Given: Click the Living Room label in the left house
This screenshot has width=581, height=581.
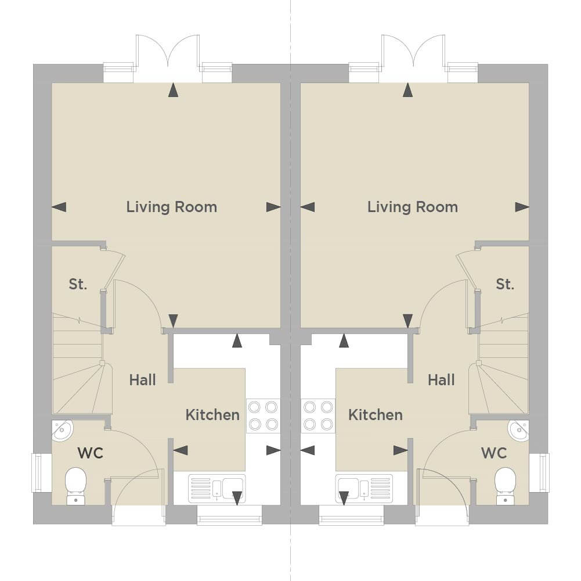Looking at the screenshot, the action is (x=172, y=207).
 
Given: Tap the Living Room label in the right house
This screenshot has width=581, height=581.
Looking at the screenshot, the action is (x=413, y=207).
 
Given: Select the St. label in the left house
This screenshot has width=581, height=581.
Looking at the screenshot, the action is (x=78, y=284).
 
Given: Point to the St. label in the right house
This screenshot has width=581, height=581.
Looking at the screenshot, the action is (x=504, y=284).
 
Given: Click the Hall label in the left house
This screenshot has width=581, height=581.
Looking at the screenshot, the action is (x=142, y=380).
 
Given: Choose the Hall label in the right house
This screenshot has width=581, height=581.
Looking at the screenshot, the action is (x=441, y=380).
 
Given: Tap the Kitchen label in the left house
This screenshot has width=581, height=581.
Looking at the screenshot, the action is (x=212, y=415).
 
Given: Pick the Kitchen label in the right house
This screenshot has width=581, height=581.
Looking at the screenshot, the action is (x=376, y=415).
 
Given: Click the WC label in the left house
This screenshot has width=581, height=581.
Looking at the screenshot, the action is (x=90, y=453).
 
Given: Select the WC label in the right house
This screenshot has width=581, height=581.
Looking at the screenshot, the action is (x=493, y=453).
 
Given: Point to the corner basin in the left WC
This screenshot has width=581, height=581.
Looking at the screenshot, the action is (x=62, y=431).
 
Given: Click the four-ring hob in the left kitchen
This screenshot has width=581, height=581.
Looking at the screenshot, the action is (x=263, y=415).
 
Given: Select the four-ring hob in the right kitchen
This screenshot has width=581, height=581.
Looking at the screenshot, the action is (x=318, y=415).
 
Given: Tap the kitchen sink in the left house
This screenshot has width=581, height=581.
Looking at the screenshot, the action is (x=216, y=488).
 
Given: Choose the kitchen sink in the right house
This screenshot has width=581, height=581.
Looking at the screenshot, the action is (x=364, y=488).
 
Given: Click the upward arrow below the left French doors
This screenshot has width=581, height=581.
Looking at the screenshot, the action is (x=173, y=90).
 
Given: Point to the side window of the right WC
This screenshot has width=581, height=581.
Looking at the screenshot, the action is (x=539, y=473).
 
